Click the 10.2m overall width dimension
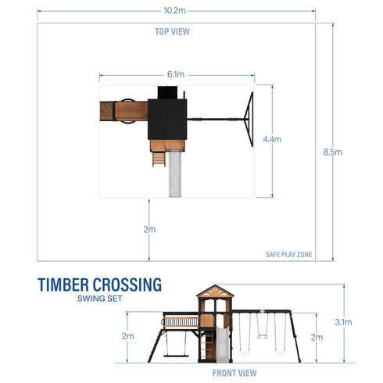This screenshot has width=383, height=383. (174, 11)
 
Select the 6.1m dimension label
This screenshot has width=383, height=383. (176, 74)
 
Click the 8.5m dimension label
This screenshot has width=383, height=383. (333, 152)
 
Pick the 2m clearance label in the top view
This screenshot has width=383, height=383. (149, 229)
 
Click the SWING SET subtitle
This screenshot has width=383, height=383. (99, 299)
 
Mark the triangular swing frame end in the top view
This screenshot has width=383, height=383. (249, 120)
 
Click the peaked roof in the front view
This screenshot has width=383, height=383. (212, 295)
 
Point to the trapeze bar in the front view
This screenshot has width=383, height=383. (260, 338)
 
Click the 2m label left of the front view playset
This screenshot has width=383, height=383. (128, 336)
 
